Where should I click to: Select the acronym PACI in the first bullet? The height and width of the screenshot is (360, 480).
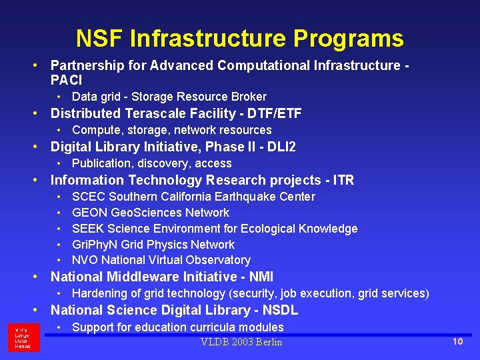[66, 81]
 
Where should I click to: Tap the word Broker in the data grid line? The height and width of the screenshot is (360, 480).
[248, 97]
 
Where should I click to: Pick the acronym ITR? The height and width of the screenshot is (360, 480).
[343, 180]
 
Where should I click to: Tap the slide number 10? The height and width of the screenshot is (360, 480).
[457, 342]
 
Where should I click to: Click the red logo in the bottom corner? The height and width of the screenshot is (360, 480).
[24, 337]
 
